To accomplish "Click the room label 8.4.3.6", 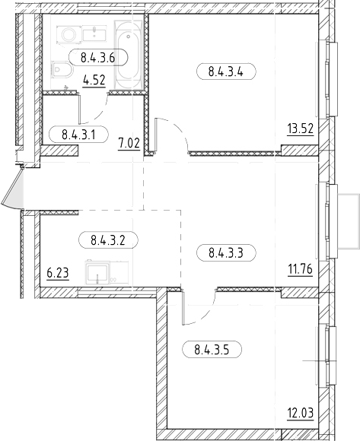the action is [98, 58].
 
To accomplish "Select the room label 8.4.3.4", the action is [226, 71].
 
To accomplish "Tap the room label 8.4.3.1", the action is [78, 135].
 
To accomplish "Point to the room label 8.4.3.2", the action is [108, 240].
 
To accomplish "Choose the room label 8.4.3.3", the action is [226, 252].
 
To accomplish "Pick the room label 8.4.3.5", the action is [212, 350].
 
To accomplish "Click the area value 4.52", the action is [94, 81].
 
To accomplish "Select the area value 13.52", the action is [301, 129].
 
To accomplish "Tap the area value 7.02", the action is [129, 144].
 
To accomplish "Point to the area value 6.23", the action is [58, 273].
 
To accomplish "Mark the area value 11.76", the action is [300, 270].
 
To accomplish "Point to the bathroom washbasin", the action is [94, 33].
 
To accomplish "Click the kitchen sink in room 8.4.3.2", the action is [97, 272].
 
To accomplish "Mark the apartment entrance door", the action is [13, 187].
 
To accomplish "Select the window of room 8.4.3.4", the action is [328, 79].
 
